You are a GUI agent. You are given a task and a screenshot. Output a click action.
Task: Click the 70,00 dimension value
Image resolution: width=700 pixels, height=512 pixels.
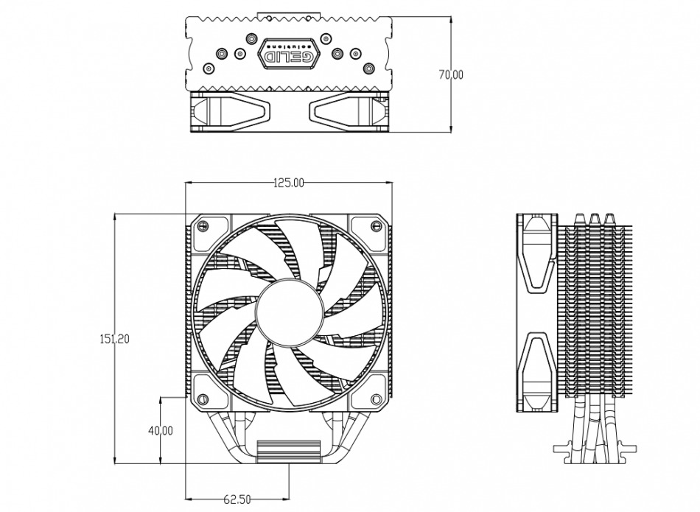[450, 74]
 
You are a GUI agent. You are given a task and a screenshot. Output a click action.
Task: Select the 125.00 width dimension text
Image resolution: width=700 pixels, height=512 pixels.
[288, 183]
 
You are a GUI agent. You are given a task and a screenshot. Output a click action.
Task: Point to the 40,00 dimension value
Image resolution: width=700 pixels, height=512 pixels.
[160, 430]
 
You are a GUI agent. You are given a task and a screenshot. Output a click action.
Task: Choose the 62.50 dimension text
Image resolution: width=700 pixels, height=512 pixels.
[237, 500]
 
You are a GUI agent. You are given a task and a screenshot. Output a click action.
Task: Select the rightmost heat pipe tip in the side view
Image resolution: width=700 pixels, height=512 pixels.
[610, 219]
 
